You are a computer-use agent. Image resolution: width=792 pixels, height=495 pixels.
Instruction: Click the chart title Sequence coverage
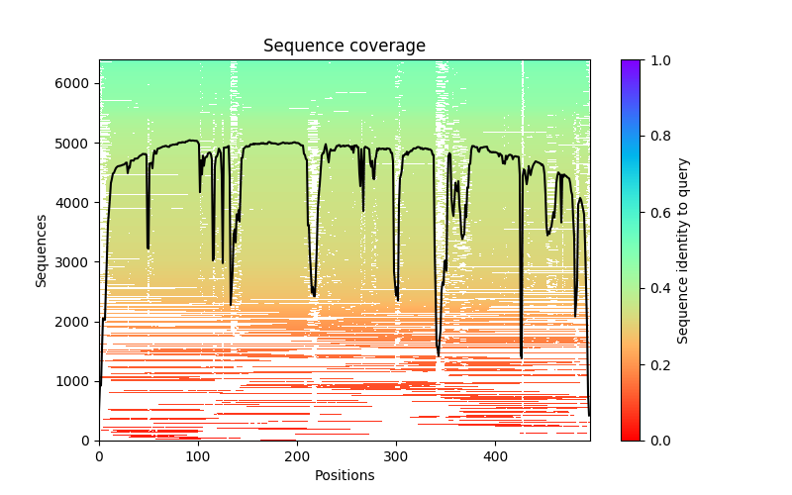[344, 47]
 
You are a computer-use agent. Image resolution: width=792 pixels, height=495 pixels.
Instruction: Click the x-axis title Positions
[344, 475]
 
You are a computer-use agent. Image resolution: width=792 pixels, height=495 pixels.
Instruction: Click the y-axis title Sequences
[42, 249]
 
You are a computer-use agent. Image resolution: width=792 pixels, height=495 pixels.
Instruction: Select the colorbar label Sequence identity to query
[683, 249]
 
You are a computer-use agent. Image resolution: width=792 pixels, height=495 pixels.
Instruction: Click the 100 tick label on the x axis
[198, 455]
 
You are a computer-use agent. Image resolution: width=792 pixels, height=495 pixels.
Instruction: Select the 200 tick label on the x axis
[297, 455]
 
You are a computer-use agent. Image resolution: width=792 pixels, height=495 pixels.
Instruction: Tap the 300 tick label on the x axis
[396, 455]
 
